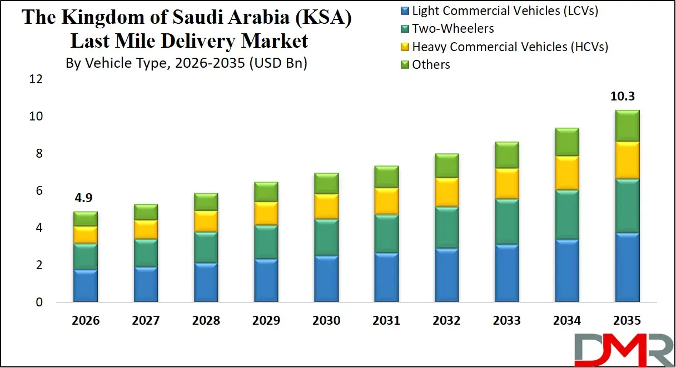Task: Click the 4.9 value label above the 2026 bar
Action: (x=86, y=199)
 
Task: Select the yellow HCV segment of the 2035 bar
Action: (x=627, y=160)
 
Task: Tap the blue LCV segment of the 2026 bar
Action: (x=86, y=286)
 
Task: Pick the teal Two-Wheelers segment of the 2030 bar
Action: (x=326, y=238)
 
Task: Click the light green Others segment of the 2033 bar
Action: (x=506, y=155)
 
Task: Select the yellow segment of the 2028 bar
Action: (x=206, y=221)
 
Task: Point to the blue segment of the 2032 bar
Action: (x=446, y=275)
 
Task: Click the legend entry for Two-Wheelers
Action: (x=453, y=28)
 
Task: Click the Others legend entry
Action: (x=431, y=65)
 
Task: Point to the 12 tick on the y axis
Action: (x=36, y=79)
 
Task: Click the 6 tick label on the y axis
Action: (x=39, y=191)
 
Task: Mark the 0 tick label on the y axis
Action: (x=39, y=303)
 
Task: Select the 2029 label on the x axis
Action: (x=266, y=321)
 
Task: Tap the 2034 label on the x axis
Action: (x=566, y=321)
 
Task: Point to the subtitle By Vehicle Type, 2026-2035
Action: (x=186, y=63)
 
